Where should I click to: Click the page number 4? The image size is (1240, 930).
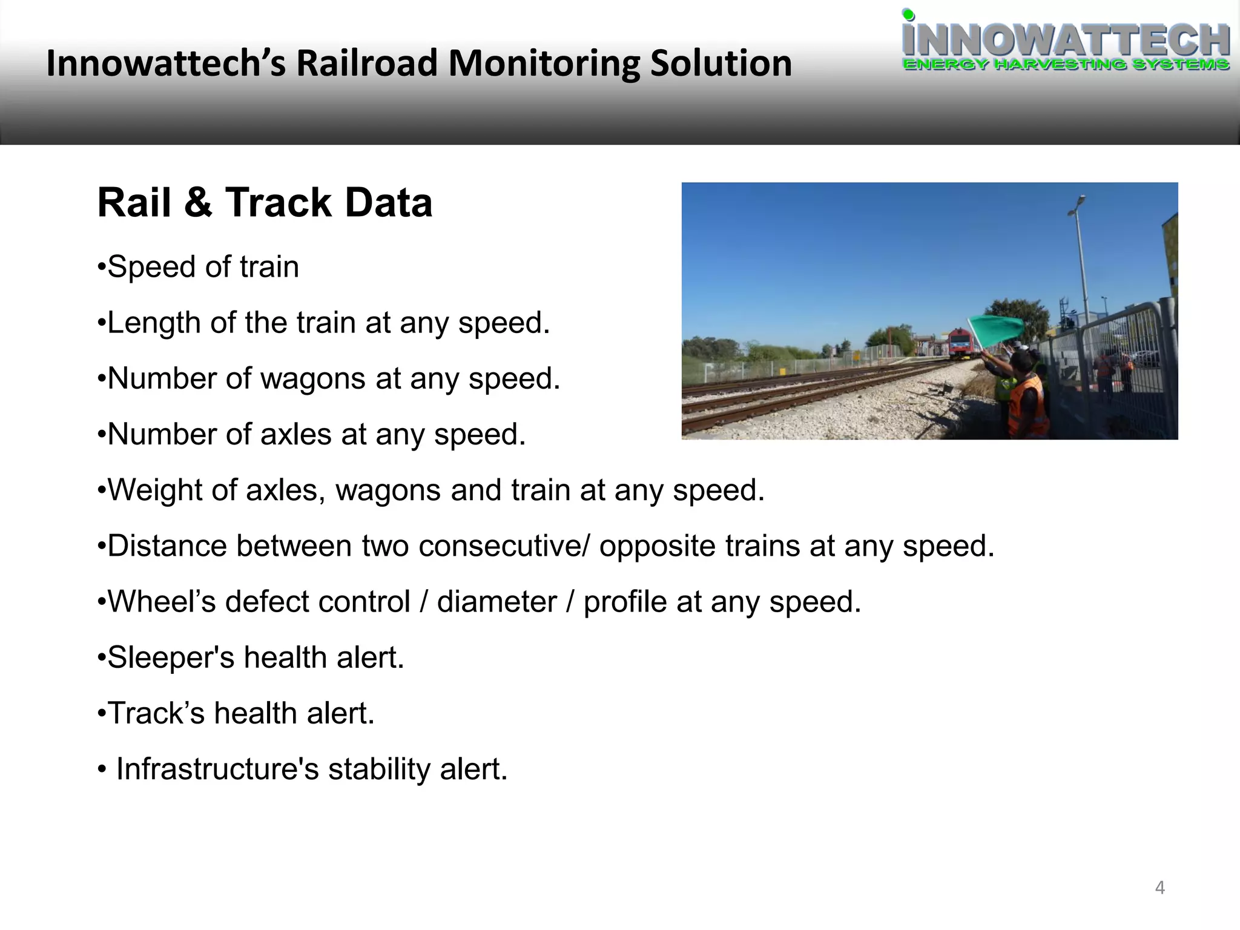(1159, 888)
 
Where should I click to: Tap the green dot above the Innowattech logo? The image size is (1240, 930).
(908, 14)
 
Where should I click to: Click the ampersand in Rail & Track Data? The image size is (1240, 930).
(198, 202)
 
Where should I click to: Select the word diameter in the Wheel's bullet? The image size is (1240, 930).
(496, 602)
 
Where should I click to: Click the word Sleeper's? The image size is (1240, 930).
(170, 658)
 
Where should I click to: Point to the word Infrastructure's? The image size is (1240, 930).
(217, 769)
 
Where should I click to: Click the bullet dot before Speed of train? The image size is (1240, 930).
(102, 267)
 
